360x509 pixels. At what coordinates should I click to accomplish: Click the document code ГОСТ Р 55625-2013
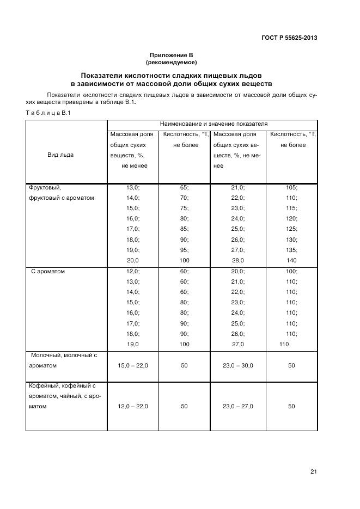point(290,38)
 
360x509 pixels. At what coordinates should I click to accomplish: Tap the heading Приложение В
point(172,56)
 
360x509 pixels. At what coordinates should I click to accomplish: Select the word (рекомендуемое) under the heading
point(172,63)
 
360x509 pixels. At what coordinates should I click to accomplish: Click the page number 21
point(313,471)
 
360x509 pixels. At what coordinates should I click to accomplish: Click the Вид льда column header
point(60,155)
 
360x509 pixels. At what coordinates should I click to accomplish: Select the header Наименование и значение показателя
point(213,124)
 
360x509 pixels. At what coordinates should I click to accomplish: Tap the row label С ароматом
point(48,271)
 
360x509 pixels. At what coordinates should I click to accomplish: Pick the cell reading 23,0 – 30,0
point(238,366)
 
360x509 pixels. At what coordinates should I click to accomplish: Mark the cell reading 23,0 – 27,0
point(238,406)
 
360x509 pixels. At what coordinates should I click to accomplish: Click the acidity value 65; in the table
point(184,188)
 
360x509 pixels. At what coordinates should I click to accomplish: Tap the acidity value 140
point(291,260)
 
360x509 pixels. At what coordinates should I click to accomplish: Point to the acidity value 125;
point(291,229)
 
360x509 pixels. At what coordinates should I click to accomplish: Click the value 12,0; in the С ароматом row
point(133,271)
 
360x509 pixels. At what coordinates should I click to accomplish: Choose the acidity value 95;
point(184,250)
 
